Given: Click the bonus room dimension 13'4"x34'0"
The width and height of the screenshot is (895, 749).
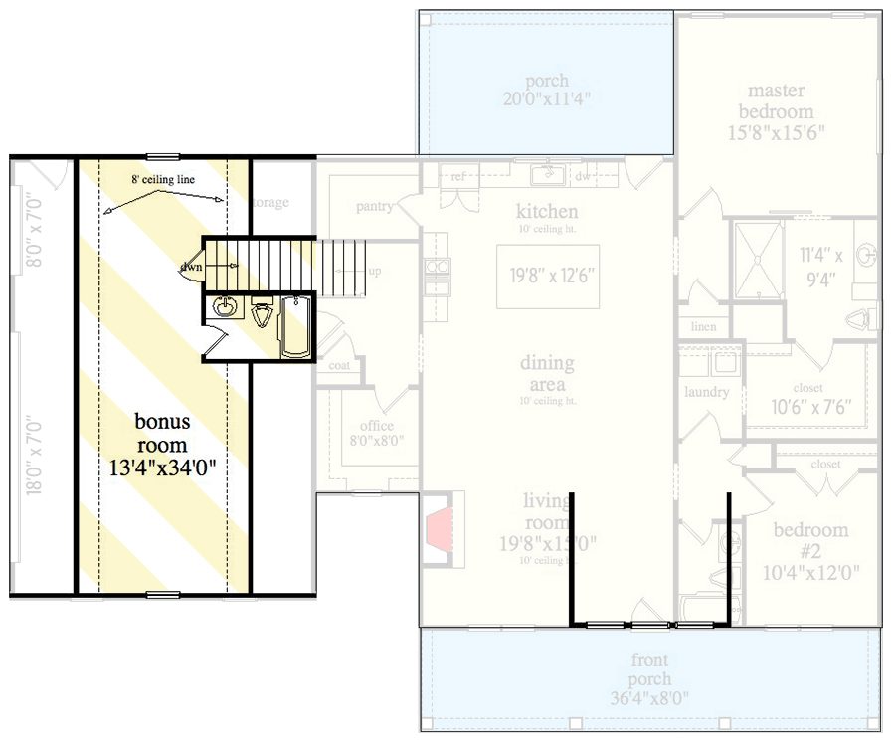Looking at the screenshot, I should click(x=161, y=464).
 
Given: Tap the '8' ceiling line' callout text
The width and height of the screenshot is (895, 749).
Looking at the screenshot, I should click(x=162, y=180).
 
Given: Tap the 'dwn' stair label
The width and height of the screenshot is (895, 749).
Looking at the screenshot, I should click(x=192, y=267).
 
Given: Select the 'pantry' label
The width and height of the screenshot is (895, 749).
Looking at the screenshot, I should click(x=377, y=207).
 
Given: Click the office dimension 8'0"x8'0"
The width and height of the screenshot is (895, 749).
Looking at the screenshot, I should click(x=370, y=441).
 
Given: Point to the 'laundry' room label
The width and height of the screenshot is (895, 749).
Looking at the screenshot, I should click(x=706, y=392).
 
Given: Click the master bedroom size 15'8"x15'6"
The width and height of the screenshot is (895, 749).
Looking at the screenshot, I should click(x=781, y=131).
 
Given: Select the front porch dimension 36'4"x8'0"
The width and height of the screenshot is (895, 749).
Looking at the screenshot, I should click(x=650, y=697).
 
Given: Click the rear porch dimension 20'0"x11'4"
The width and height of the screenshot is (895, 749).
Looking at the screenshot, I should click(x=547, y=98).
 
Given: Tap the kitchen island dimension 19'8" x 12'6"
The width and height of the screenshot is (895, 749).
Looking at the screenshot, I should click(x=548, y=276).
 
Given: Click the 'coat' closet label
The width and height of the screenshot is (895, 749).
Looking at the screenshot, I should click(x=339, y=365).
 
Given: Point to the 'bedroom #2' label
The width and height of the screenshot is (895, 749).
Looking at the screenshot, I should click(x=810, y=540).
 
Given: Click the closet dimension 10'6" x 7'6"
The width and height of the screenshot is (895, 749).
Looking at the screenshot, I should click(x=808, y=406).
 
